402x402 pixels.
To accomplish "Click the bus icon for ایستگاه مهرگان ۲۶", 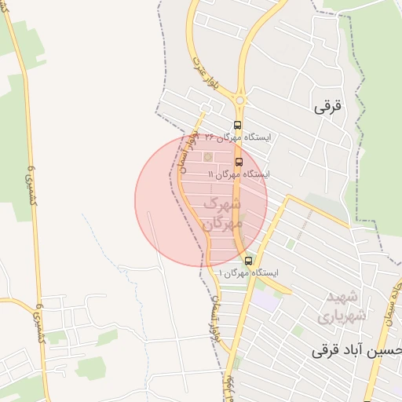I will coord(237,125).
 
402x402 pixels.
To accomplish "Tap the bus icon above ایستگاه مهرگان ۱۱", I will coord(239,163).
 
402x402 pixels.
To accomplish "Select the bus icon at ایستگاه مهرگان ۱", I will coord(248,261).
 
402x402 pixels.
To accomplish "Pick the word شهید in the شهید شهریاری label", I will coord(343,298).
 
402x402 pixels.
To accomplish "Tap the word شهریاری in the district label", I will coord(337,317).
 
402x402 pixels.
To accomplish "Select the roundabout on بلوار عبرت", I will coord(239,100).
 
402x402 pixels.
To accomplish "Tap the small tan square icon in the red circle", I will coord(208,158).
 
